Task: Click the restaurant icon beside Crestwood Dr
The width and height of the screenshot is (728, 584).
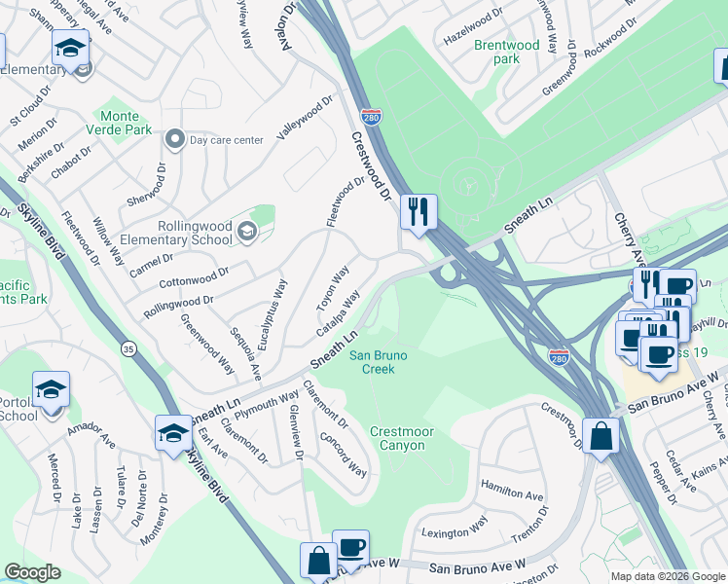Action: tap(419, 211)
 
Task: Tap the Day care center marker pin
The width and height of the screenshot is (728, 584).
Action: tap(175, 139)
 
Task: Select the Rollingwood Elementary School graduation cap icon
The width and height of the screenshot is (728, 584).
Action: tap(246, 231)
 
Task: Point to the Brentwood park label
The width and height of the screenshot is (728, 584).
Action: tap(506, 52)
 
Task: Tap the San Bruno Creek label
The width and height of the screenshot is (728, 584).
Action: tap(378, 362)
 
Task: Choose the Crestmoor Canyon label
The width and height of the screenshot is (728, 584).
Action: tap(397, 438)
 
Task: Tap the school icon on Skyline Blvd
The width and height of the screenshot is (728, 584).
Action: tap(173, 433)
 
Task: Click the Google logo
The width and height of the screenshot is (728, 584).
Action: tap(32, 572)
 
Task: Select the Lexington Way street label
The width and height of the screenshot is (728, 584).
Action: tap(454, 529)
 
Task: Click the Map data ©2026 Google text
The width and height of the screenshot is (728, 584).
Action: tap(667, 576)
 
